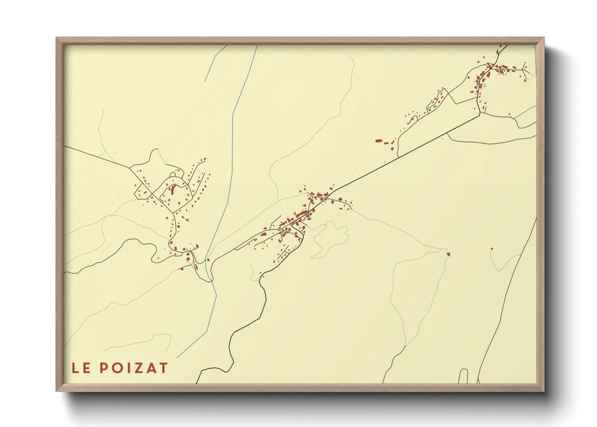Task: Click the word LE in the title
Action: pyautogui.click(x=81, y=368)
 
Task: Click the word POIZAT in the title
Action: pyautogui.click(x=134, y=368)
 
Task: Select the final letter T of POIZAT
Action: pyautogui.click(x=163, y=368)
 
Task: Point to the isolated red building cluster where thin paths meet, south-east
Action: pyautogui.click(x=448, y=254)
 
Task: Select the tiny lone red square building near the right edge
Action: pyautogui.click(x=492, y=249)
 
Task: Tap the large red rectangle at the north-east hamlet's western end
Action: pyautogui.click(x=378, y=141)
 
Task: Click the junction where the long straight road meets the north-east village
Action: pyautogui.click(x=480, y=115)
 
